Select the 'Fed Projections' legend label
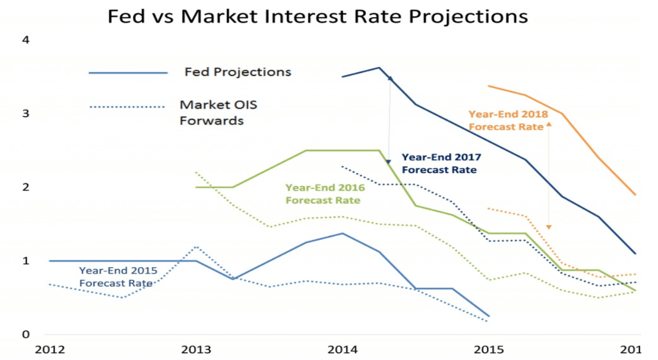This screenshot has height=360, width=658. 238,72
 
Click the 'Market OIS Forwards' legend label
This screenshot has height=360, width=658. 219,113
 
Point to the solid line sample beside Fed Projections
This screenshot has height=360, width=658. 128,73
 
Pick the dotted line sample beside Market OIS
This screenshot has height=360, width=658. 126,107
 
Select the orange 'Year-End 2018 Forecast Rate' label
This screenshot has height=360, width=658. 508,120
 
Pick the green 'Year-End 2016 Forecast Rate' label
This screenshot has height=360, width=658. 325,194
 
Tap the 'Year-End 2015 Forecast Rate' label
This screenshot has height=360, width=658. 118,277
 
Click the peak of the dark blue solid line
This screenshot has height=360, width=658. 379,68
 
